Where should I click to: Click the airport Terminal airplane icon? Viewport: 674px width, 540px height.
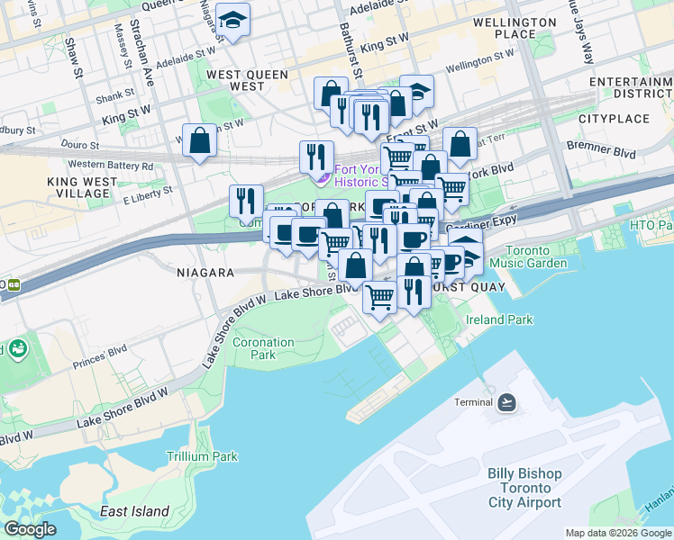tap(507, 401)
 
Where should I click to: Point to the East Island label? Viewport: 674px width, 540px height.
tap(135, 511)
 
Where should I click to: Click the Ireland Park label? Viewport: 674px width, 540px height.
tap(499, 319)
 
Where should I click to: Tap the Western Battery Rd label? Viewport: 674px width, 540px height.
tap(111, 165)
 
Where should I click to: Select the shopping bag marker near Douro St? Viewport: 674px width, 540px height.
tap(199, 140)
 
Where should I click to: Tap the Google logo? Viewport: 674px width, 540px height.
tap(30, 529)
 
